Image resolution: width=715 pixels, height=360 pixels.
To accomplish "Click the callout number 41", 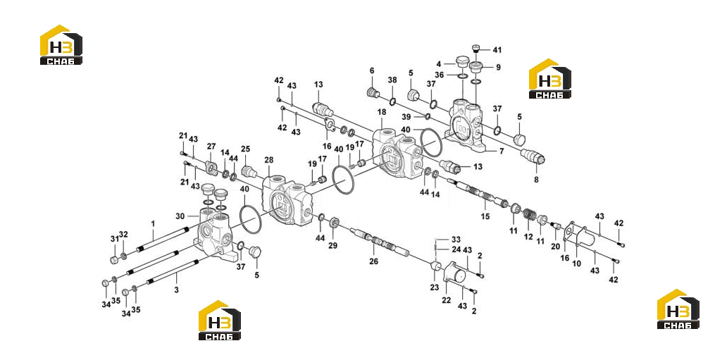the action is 497,50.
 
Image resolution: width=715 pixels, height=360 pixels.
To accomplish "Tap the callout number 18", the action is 382,112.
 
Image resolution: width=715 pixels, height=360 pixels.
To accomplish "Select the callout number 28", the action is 269,160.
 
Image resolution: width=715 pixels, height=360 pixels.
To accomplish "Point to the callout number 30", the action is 180,216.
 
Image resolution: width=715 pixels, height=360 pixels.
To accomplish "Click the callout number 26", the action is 373,261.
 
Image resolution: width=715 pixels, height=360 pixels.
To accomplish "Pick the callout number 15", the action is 485,216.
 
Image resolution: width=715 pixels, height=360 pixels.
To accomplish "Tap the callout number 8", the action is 536,180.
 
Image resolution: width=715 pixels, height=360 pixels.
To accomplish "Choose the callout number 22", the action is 446,300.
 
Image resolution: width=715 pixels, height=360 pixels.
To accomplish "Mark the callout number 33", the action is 456,239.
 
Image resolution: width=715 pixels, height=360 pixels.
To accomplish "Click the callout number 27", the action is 211,146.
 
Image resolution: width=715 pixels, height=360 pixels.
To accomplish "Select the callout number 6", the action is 372,70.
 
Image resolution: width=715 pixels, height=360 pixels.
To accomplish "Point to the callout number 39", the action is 406,117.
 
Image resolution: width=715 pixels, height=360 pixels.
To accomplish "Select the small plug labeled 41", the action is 476,49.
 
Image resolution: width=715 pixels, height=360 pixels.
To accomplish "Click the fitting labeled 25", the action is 247,172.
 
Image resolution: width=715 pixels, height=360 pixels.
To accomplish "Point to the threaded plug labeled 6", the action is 373,93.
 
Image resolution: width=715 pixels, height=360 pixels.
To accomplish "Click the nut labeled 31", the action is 115,260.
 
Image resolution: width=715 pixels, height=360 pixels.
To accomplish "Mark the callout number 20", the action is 555,247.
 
